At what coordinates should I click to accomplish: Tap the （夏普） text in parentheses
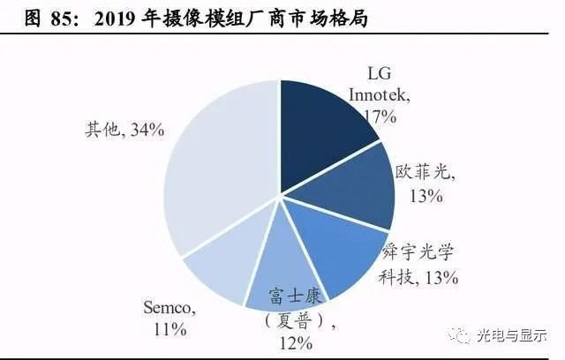(x=286, y=322)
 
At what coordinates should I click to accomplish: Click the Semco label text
(x=168, y=308)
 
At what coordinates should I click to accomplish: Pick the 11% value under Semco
(x=169, y=329)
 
